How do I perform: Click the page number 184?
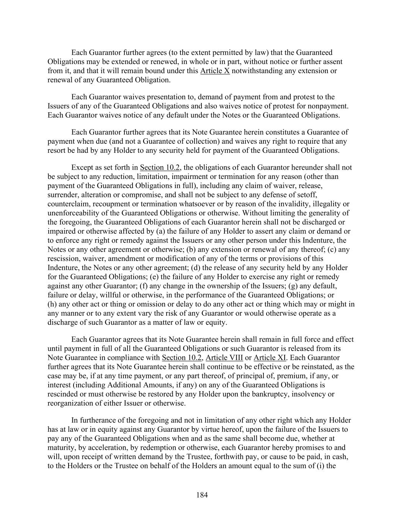202,495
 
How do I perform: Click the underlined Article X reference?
215,71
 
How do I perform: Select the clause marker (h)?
52,304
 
